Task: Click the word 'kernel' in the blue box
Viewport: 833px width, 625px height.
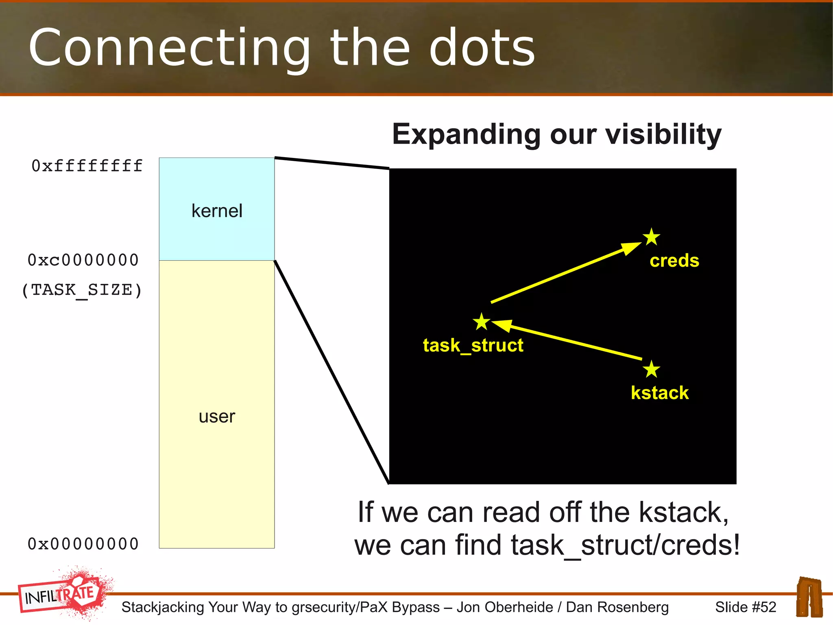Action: point(217,211)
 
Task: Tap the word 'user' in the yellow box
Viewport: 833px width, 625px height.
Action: point(217,417)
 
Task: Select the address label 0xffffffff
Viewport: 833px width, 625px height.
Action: point(87,166)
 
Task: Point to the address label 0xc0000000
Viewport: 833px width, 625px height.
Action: point(83,260)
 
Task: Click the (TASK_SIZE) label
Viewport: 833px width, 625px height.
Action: point(82,290)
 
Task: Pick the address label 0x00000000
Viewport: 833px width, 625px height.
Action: point(83,544)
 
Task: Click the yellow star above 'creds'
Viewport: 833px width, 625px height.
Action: point(652,237)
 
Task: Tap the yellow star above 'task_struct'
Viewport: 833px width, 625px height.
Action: point(482,322)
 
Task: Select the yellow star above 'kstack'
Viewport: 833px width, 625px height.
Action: point(652,369)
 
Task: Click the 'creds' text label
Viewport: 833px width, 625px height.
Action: point(674,261)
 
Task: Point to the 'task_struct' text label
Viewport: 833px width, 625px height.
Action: point(473,345)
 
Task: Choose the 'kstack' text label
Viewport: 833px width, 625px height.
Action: point(660,393)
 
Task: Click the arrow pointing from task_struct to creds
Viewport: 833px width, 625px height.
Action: point(565,273)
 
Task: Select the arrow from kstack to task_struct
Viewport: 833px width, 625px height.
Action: point(569,340)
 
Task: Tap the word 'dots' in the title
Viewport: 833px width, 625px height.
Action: point(482,48)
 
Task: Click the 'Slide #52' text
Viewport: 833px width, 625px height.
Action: point(746,607)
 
